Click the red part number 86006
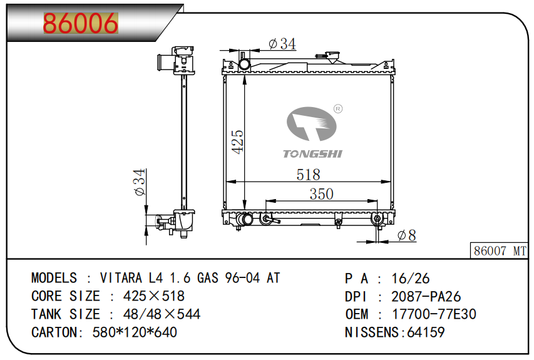(81, 23)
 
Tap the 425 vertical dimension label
(238, 141)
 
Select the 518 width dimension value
(308, 175)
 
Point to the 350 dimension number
(322, 194)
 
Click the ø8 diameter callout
(407, 235)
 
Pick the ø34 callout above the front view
(282, 44)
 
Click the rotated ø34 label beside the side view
(140, 183)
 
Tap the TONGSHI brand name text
(312, 154)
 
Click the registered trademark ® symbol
(338, 109)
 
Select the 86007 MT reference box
(500, 250)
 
